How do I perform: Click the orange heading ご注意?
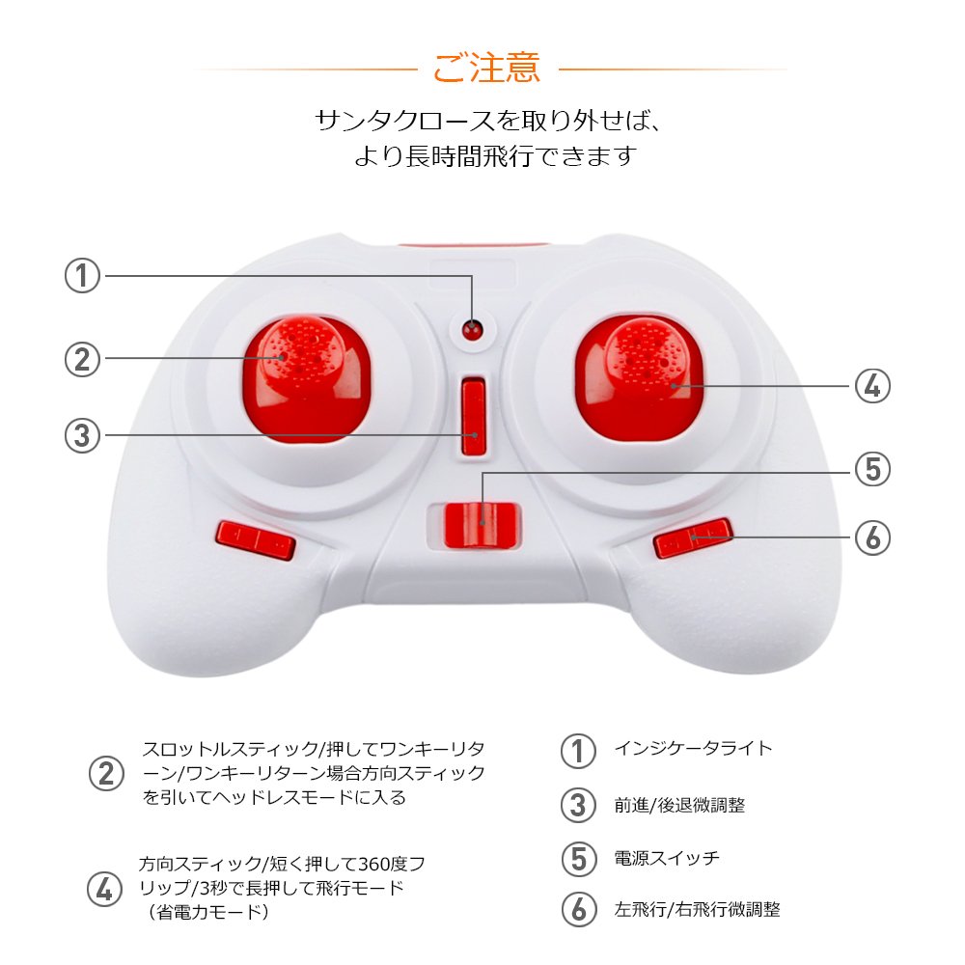coord(486,68)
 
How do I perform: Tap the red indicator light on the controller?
coord(472,329)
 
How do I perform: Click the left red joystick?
coord(307,378)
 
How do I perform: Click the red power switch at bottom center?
coord(482,524)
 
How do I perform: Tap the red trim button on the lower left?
coord(256,539)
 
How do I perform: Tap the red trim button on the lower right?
coord(693,538)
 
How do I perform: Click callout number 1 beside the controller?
coord(82,275)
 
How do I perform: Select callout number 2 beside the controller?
coord(82,359)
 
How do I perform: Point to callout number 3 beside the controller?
coord(82,436)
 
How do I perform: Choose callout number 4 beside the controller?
coord(872,386)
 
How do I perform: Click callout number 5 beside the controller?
coord(872,469)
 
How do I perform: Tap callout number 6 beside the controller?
coord(872,538)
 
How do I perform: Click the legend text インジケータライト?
coord(693,749)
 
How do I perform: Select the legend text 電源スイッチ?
coord(667,857)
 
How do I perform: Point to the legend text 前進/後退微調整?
coord(679,805)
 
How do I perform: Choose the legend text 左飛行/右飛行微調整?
coord(697,909)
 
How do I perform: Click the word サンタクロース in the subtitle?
coord(405,121)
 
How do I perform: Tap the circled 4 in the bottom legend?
coord(104,890)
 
